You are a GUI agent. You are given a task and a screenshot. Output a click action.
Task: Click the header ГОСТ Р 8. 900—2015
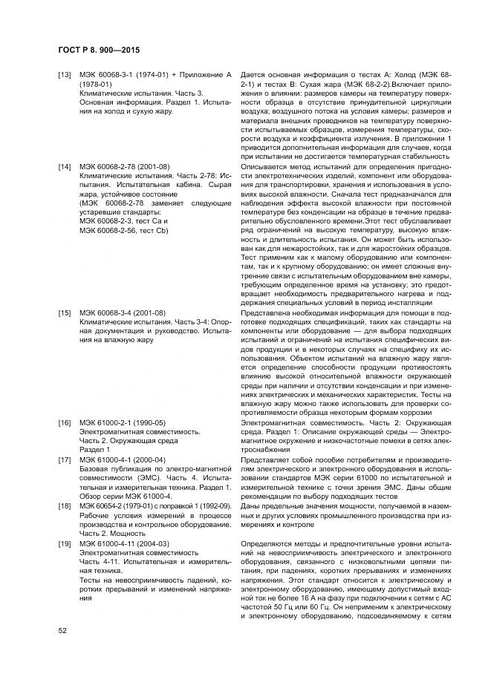[x=99, y=49]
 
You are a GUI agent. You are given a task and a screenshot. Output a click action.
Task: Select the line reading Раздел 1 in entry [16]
[x=94, y=450]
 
